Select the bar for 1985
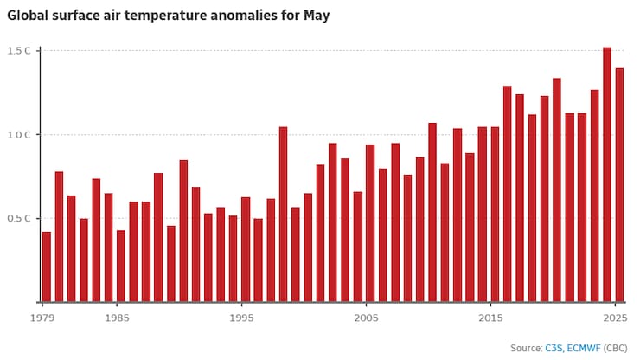(121, 266)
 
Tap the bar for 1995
(246, 249)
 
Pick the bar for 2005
(370, 223)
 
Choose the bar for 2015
(495, 215)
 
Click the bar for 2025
(619, 185)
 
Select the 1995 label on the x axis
(242, 318)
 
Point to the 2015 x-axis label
(490, 318)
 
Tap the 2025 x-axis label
(615, 318)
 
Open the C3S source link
(554, 348)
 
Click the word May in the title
(316, 16)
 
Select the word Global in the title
(29, 16)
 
